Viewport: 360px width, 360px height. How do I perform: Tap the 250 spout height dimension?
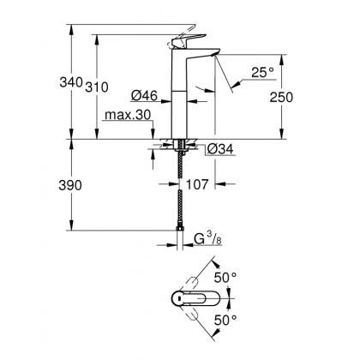pos(294,97)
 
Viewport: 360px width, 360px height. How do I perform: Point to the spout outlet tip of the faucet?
pos(219,60)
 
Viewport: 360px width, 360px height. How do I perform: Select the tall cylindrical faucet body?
pos(183,94)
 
